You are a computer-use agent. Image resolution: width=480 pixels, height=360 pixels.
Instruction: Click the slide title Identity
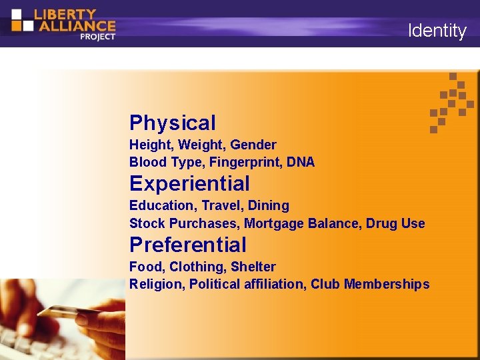coord(437,31)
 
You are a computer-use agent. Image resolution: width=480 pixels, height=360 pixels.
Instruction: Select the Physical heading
coord(173,123)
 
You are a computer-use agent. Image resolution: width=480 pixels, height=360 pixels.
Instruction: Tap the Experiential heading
coord(189,183)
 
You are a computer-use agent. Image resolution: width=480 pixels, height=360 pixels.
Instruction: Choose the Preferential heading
coord(187,245)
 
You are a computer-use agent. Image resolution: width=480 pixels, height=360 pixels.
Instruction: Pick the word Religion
coord(156,284)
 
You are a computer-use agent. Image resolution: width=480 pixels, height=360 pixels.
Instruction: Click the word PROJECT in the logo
coord(97,37)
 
